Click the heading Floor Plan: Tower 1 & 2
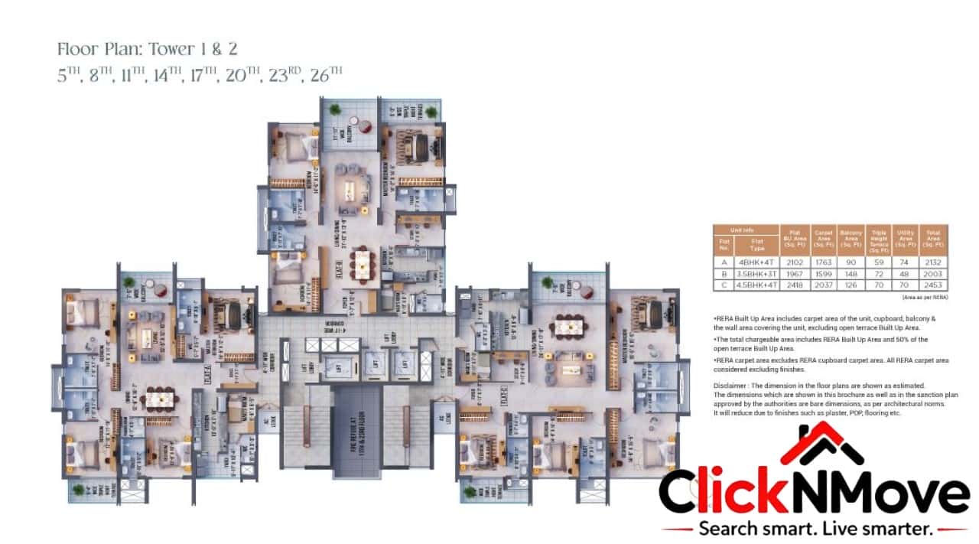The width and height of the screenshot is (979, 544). pyautogui.click(x=148, y=50)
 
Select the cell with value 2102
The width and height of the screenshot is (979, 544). pyautogui.click(x=791, y=261)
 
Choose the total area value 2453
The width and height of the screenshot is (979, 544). pyautogui.click(x=934, y=285)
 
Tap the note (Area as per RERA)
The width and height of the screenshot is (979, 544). pyautogui.click(x=925, y=296)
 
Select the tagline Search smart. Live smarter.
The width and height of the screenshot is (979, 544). pyautogui.click(x=815, y=528)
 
